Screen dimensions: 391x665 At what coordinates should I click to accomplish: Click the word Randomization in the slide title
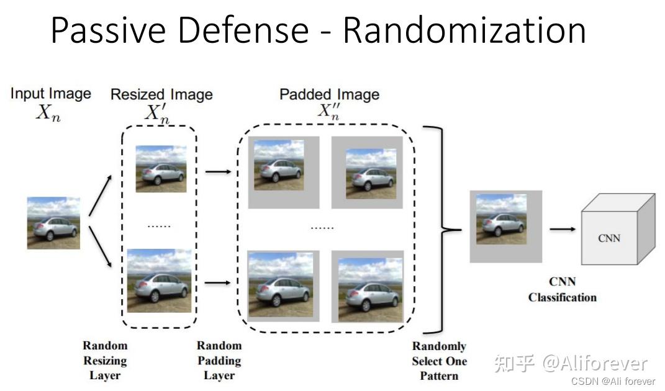pyautogui.click(x=464, y=30)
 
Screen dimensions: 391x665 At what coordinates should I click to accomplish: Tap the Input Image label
pyautogui.click(x=50, y=94)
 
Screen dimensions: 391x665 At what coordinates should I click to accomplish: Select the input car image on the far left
pyautogui.click(x=53, y=223)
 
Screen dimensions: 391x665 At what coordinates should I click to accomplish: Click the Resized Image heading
pyautogui.click(x=161, y=94)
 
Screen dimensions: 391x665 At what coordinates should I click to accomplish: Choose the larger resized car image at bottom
pyautogui.click(x=159, y=280)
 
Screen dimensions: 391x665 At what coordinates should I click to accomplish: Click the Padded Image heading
pyautogui.click(x=329, y=94)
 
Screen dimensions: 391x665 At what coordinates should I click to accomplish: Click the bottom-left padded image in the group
pyautogui.click(x=283, y=285)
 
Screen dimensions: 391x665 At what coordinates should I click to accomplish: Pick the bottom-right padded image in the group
pyautogui.click(x=367, y=286)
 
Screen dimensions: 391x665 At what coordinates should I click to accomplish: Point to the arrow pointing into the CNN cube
pyautogui.click(x=563, y=229)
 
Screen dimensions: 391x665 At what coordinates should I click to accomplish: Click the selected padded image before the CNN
pyautogui.click(x=505, y=226)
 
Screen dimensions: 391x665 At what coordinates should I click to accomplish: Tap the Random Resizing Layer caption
pyautogui.click(x=105, y=361)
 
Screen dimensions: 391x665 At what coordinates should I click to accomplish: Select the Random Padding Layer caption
pyautogui.click(x=219, y=361)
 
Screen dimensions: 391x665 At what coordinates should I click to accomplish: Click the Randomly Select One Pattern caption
pyautogui.click(x=439, y=361)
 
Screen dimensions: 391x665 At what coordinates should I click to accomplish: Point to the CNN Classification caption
pyautogui.click(x=562, y=290)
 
